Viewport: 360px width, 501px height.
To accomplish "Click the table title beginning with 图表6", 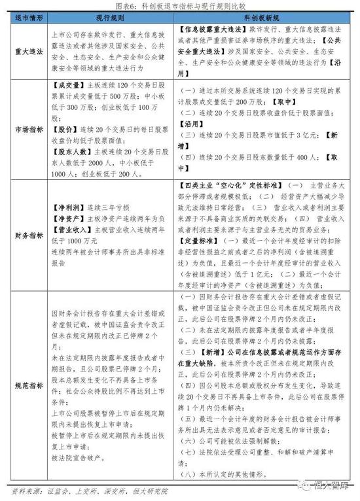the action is [x=180, y=7].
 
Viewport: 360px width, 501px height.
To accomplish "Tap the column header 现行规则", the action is [x=107, y=20].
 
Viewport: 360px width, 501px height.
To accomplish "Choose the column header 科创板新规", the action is [x=262, y=20].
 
